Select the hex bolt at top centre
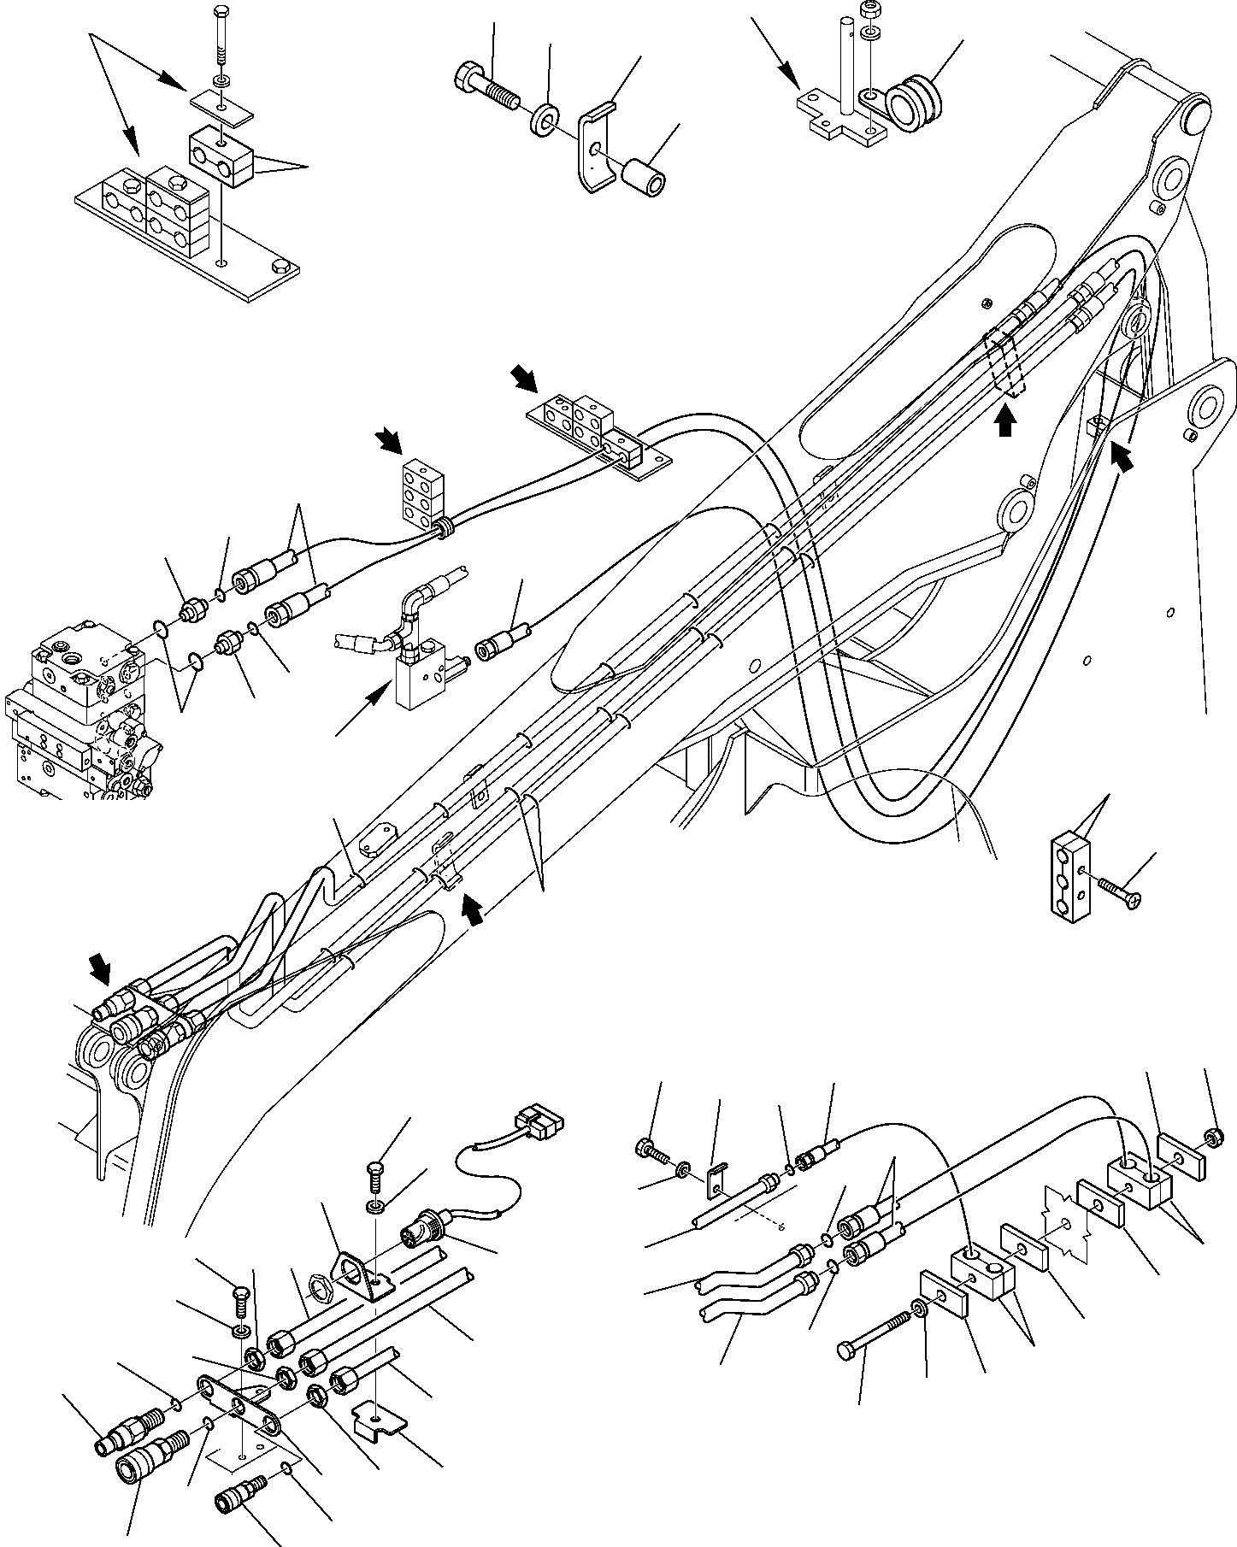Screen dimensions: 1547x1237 click(x=484, y=89)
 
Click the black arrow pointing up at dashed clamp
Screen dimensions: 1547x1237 click(x=1006, y=421)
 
